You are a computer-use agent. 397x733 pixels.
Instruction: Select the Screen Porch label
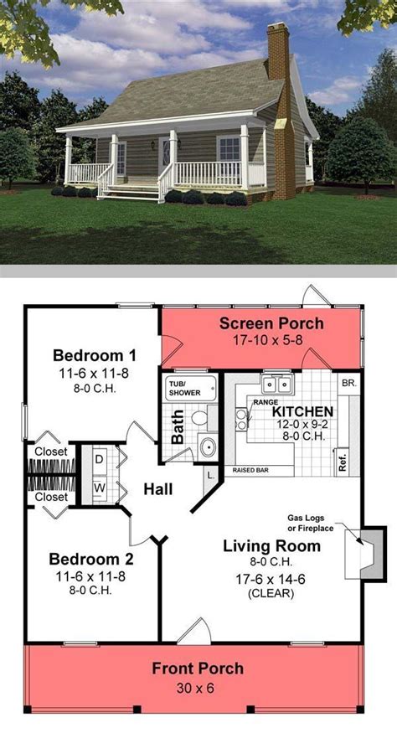[271, 323]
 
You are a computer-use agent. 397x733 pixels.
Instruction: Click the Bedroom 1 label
[95, 355]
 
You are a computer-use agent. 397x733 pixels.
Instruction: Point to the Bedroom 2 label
[91, 559]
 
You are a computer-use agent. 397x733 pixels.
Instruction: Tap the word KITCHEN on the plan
[302, 412]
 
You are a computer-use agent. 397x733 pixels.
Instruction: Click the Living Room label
[271, 546]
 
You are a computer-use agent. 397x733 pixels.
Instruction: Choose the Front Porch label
[198, 668]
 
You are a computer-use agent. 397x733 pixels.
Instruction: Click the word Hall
[158, 489]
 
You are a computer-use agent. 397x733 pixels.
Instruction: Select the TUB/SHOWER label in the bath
[184, 388]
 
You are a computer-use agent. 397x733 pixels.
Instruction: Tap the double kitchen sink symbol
[277, 385]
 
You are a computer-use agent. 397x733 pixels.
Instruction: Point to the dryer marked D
[99, 460]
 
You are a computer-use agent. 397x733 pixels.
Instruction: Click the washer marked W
[99, 488]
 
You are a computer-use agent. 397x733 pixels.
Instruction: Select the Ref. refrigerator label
[343, 461]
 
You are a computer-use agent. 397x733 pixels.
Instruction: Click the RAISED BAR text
[250, 470]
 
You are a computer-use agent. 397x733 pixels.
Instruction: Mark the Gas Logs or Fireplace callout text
[311, 523]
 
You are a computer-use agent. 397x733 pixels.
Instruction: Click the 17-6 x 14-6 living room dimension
[271, 580]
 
